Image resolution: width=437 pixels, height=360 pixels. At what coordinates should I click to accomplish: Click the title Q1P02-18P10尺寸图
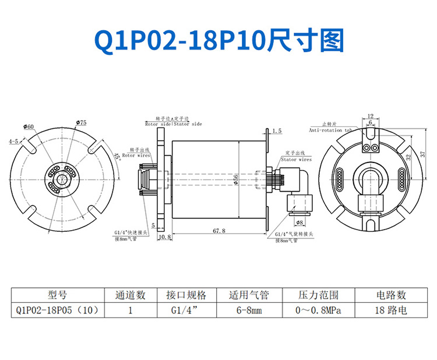[218, 41]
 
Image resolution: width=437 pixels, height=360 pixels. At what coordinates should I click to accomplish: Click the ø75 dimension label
[82, 122]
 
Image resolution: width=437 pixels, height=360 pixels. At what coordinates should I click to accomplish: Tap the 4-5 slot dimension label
[13, 142]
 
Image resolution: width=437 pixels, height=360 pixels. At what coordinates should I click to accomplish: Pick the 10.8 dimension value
[164, 237]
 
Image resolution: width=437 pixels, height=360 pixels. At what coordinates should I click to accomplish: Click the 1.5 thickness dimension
[277, 131]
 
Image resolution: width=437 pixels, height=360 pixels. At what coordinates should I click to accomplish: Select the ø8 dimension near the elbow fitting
[300, 222]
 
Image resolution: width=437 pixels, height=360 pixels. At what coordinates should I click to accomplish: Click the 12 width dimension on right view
[370, 117]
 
